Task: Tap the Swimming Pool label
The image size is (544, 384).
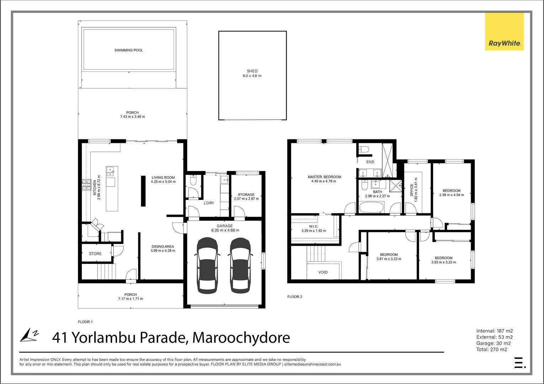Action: (x=129, y=50)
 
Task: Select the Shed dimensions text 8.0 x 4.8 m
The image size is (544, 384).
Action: (x=252, y=76)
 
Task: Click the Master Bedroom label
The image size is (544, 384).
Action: (x=324, y=177)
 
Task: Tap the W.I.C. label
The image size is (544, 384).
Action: (x=313, y=226)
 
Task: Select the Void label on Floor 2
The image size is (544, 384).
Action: (x=323, y=272)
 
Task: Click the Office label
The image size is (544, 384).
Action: (x=412, y=190)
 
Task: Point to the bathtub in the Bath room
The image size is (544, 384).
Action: (x=371, y=207)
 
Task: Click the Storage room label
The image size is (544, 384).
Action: (x=246, y=194)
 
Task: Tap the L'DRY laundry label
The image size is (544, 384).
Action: (x=209, y=203)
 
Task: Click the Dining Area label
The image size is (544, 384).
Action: (x=163, y=246)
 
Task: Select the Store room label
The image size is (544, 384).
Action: (x=95, y=254)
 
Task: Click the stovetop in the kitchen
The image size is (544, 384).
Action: (x=86, y=185)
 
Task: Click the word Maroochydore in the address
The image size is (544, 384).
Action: (x=241, y=337)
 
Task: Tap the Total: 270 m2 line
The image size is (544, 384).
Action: (x=492, y=350)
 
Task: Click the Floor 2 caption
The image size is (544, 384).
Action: (x=295, y=297)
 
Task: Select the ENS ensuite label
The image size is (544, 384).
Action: (x=370, y=162)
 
